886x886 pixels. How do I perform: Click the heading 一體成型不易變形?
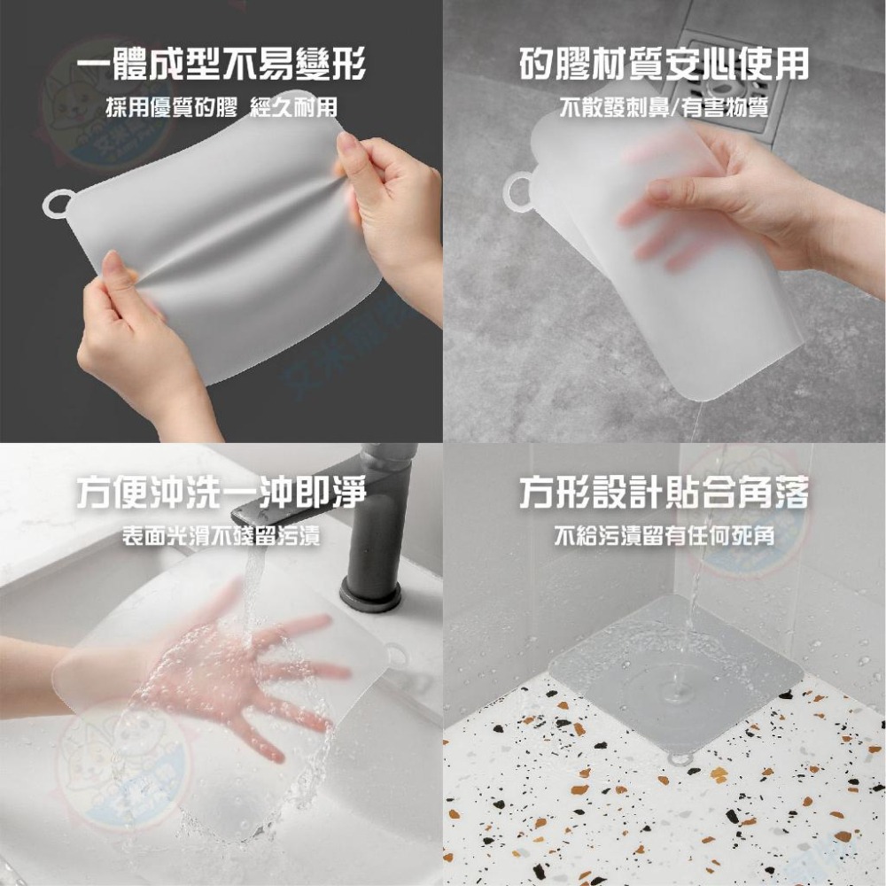tap(221, 66)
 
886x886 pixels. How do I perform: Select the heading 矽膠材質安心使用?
tap(664, 66)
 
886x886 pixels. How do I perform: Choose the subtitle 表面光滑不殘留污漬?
tap(221, 536)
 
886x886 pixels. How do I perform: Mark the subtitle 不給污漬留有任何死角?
tap(664, 536)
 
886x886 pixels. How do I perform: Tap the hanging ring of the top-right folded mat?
tap(518, 189)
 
